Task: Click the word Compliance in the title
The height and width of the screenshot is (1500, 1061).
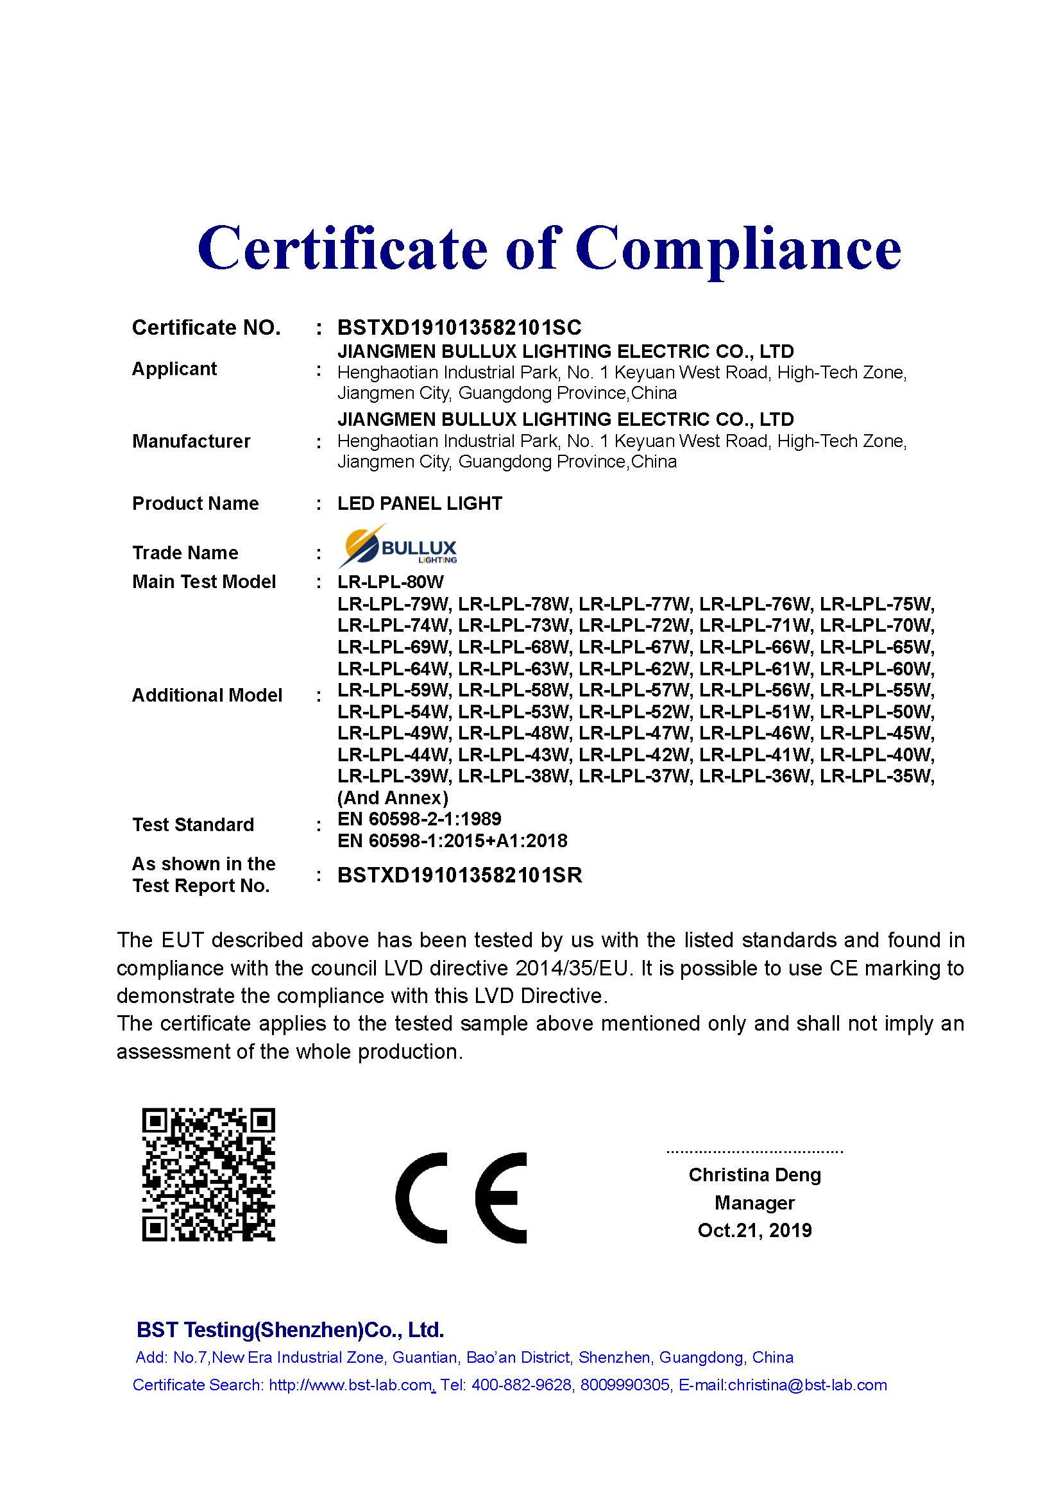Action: pyautogui.click(x=738, y=249)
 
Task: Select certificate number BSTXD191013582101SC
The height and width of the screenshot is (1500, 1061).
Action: pyautogui.click(x=459, y=326)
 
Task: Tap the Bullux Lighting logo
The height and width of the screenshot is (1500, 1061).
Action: pyautogui.click(x=397, y=546)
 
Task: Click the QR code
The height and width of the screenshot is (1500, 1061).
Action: pyautogui.click(x=208, y=1174)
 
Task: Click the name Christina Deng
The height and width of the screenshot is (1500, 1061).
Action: pyautogui.click(x=754, y=1175)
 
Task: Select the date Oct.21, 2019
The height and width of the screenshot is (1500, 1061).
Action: pyautogui.click(x=754, y=1230)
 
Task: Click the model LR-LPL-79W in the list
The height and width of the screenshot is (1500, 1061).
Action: pyautogui.click(x=393, y=603)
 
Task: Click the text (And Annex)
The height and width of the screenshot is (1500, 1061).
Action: pyautogui.click(x=393, y=798)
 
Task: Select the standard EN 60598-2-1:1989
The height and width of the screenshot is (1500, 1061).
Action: pyautogui.click(x=420, y=818)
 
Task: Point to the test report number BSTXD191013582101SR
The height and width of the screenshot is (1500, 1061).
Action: pyautogui.click(x=459, y=875)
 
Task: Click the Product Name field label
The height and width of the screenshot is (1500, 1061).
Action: pyautogui.click(x=196, y=503)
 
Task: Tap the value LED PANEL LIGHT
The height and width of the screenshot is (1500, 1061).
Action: pyautogui.click(x=420, y=503)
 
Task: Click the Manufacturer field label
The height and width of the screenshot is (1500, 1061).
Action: pyautogui.click(x=191, y=441)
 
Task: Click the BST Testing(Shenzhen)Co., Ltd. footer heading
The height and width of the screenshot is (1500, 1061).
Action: pyautogui.click(x=290, y=1329)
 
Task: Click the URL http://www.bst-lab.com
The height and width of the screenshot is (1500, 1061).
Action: pyautogui.click(x=350, y=1385)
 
